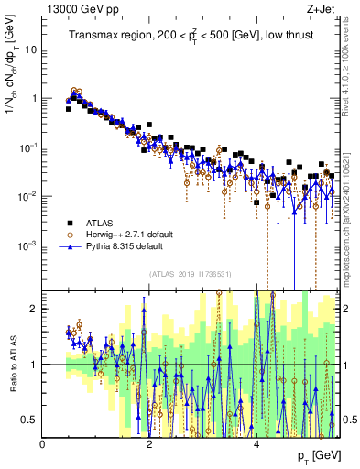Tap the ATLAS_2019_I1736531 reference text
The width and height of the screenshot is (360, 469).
tap(189, 274)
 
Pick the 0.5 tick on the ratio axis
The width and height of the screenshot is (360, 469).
tap(30, 420)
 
